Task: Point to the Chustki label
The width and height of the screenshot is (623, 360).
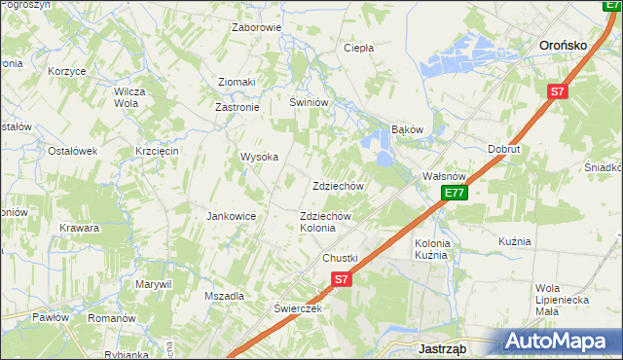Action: (341, 258)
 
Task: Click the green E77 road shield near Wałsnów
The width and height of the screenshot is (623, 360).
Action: (455, 193)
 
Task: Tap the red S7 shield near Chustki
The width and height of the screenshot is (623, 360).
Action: (340, 279)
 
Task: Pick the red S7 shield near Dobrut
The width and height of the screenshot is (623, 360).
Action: (556, 91)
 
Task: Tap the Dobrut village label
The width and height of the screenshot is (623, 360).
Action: (504, 149)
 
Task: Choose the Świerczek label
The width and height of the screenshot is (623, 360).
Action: (297, 307)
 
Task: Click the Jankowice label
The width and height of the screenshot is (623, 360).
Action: (231, 216)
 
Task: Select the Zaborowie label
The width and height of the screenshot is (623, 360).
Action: (256, 27)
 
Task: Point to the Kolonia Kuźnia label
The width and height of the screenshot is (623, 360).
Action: (431, 249)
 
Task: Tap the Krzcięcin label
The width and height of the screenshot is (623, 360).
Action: (156, 151)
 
